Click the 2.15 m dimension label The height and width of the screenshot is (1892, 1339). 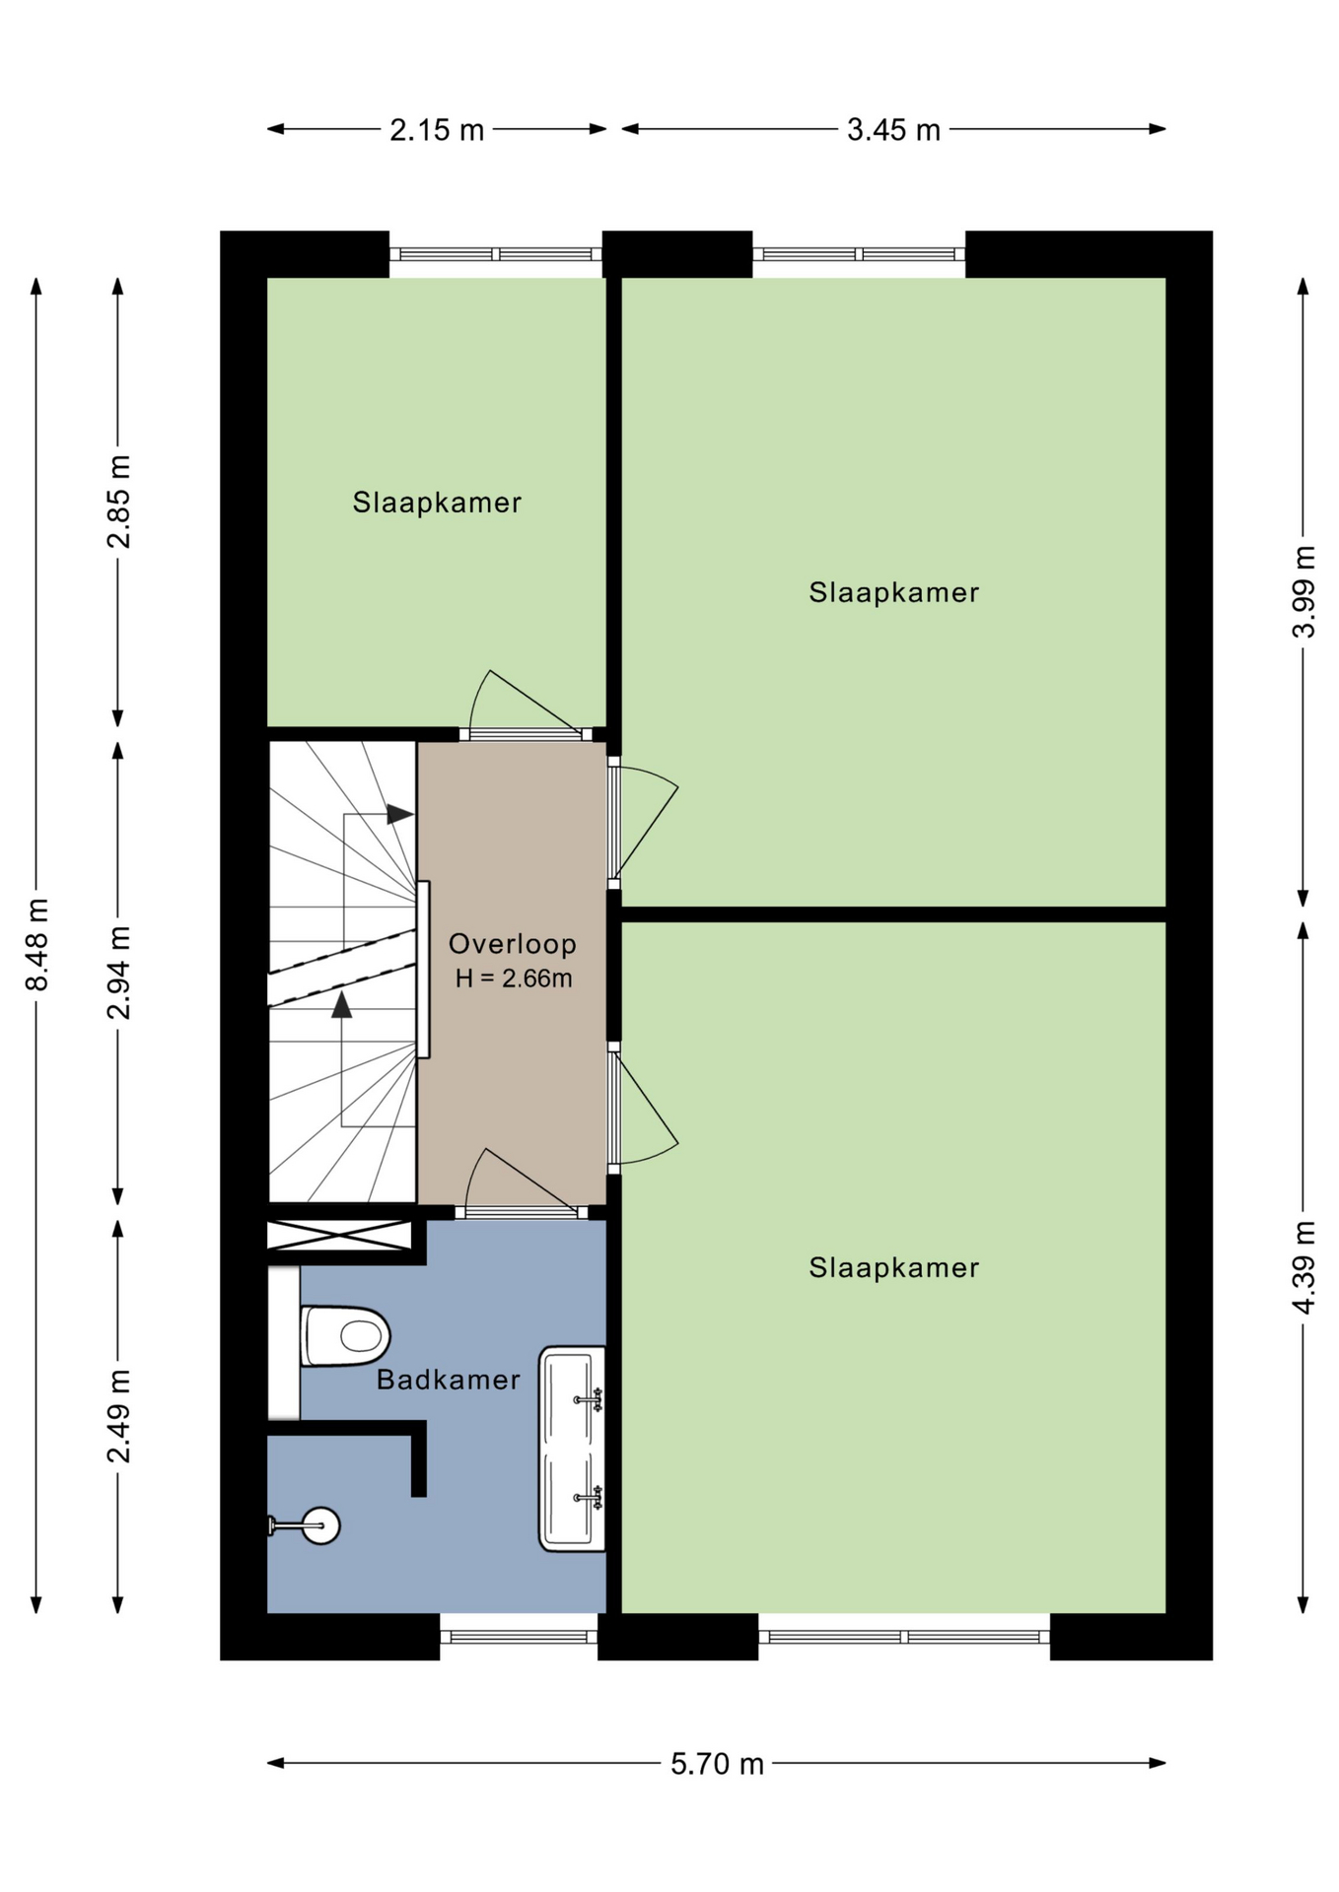pyautogui.click(x=437, y=129)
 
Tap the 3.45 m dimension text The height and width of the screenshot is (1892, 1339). pyautogui.click(x=893, y=129)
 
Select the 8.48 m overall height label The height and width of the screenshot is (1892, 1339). pyautogui.click(x=37, y=944)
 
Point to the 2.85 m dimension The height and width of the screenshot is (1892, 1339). pyautogui.click(x=119, y=502)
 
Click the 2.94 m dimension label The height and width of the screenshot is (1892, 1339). pyautogui.click(x=119, y=973)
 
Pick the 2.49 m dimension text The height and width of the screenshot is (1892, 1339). pyautogui.click(x=119, y=1416)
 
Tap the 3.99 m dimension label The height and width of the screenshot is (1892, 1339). pyautogui.click(x=1304, y=591)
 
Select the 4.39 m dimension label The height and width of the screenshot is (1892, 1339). pyautogui.click(x=1304, y=1267)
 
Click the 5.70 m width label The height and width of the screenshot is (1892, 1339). pyautogui.click(x=717, y=1764)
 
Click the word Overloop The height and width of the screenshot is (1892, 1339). pyautogui.click(x=513, y=944)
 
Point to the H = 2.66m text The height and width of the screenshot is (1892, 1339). pyautogui.click(x=514, y=979)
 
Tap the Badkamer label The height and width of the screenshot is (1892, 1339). pyautogui.click(x=449, y=1380)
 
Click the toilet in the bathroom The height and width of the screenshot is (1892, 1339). pyautogui.click(x=344, y=1336)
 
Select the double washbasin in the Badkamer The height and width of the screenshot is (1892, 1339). pyautogui.click(x=572, y=1449)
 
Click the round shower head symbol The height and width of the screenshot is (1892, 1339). pyautogui.click(x=320, y=1526)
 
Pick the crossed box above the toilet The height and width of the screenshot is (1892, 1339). pyautogui.click(x=339, y=1236)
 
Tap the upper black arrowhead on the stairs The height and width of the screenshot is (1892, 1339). pyautogui.click(x=400, y=814)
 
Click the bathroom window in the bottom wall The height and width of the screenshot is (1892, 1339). pyautogui.click(x=519, y=1637)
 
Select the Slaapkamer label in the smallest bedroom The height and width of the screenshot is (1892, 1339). pyautogui.click(x=437, y=503)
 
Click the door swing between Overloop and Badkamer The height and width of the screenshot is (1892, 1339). pyautogui.click(x=521, y=1181)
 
